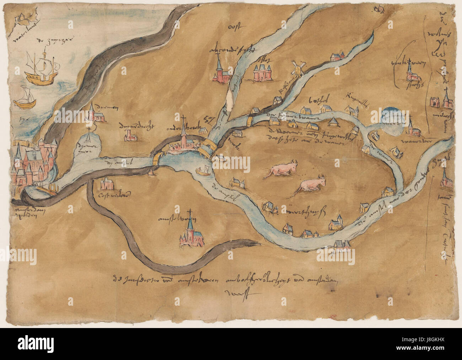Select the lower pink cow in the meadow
click(x=310, y=185)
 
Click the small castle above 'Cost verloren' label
click(x=106, y=184)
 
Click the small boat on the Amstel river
click(x=204, y=172)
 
